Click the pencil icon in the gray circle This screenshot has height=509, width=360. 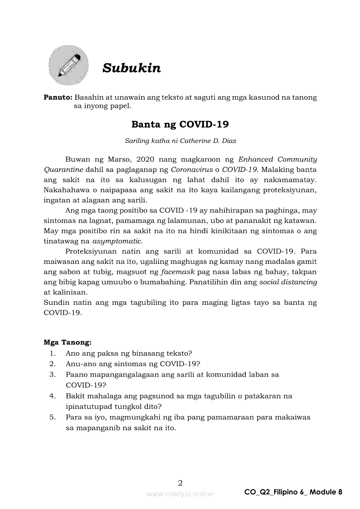coord(68,65)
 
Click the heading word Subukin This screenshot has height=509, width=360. coord(131,68)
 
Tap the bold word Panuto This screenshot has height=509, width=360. coord(58,97)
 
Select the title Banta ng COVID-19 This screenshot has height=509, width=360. coord(180,125)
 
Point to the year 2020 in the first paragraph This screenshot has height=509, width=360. coord(147,159)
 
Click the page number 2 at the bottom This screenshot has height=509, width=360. coord(180,482)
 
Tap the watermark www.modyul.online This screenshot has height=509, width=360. coord(180,494)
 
